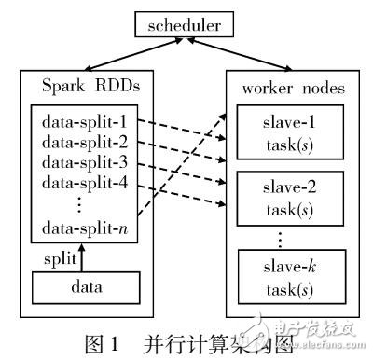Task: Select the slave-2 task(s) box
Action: coord(284,195)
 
